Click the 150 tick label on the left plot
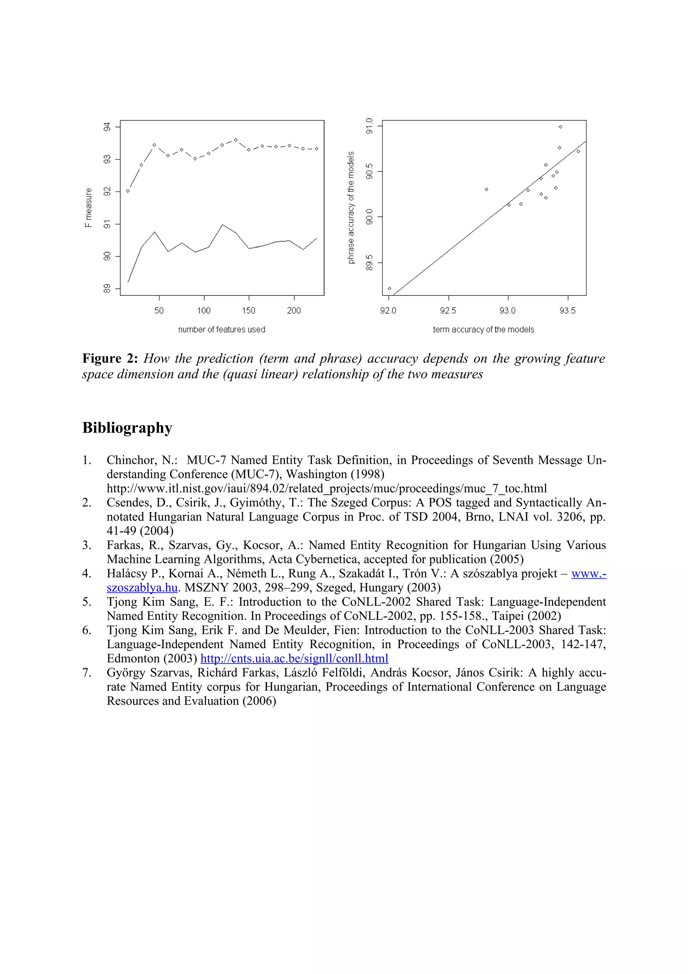point(248,311)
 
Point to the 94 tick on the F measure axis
point(107,127)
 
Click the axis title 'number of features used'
point(221,330)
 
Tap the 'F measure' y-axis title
point(88,208)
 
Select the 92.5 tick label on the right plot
point(448,311)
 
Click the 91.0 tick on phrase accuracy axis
point(370,126)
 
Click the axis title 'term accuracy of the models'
point(483,330)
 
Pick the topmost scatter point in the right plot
point(560,127)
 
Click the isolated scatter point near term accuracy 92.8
point(486,189)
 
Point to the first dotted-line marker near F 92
point(128,191)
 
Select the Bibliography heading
point(127,428)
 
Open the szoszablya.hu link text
point(142,587)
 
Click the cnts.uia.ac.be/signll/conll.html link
point(294,658)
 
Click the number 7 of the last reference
point(86,673)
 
